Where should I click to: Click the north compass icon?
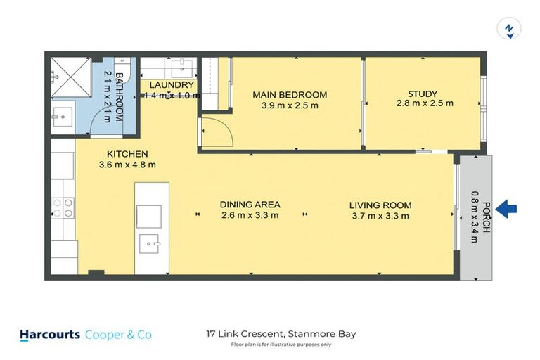click(508, 29)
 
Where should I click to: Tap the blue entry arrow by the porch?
click(506, 208)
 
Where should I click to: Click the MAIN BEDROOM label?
click(290, 95)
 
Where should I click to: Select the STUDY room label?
click(423, 94)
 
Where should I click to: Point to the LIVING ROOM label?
click(380, 205)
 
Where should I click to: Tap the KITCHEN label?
click(127, 154)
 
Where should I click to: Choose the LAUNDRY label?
click(171, 85)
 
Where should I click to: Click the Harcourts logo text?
click(49, 335)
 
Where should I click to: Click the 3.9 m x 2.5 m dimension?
click(290, 106)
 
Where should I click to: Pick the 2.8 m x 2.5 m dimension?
click(424, 103)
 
